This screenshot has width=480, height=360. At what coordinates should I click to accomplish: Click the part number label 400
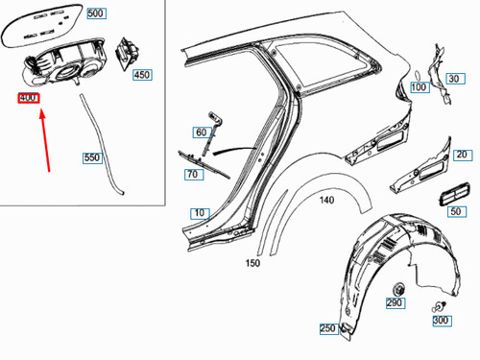click(28, 99)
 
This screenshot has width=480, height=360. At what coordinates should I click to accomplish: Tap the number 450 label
click(141, 74)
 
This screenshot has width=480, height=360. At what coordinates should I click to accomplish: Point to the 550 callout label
click(92, 156)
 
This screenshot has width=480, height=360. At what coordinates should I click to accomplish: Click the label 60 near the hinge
click(201, 132)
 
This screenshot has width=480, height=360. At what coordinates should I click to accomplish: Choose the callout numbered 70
click(192, 175)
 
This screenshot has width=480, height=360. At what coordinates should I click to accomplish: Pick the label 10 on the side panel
click(199, 212)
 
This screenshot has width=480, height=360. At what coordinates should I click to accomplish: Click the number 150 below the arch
click(252, 262)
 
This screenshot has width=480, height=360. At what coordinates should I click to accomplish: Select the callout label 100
click(419, 87)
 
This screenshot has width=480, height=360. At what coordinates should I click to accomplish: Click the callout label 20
click(462, 155)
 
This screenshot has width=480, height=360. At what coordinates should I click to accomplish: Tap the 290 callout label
click(395, 302)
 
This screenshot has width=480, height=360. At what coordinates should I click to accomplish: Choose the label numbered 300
click(441, 320)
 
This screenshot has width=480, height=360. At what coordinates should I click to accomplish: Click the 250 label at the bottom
click(327, 329)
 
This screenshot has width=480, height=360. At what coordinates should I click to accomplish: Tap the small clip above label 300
click(437, 306)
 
